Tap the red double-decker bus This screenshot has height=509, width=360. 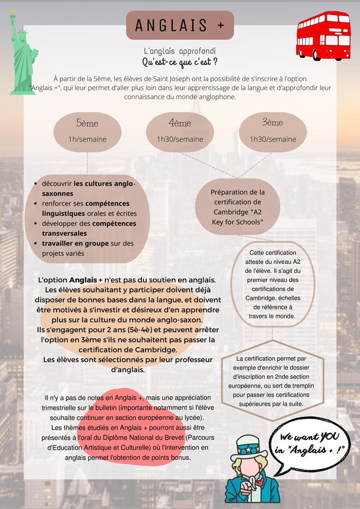323,36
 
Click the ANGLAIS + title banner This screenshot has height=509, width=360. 180,26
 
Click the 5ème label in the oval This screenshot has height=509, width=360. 87,123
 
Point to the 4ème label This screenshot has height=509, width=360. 180,123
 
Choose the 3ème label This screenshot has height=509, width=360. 273,123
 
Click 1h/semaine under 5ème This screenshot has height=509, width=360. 87,139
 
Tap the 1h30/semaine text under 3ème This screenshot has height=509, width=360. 273,139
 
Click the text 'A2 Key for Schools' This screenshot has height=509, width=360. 238,217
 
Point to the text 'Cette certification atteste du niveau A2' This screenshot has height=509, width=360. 273,257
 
